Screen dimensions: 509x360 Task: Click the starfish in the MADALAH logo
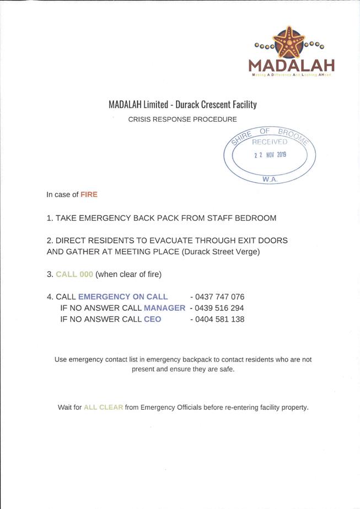(x=289, y=42)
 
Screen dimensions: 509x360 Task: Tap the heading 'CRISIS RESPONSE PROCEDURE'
(x=182, y=119)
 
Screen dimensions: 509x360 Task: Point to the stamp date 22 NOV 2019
(x=270, y=155)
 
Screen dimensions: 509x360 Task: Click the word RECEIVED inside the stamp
(x=270, y=142)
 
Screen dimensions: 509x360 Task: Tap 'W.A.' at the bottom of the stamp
(x=270, y=179)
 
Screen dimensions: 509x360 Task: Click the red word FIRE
(x=89, y=194)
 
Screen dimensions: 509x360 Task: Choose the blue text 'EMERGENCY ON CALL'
(x=123, y=297)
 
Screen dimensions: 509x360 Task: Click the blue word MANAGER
(x=164, y=308)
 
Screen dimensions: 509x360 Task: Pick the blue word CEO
(x=152, y=319)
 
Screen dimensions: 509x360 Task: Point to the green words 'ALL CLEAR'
(x=103, y=408)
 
